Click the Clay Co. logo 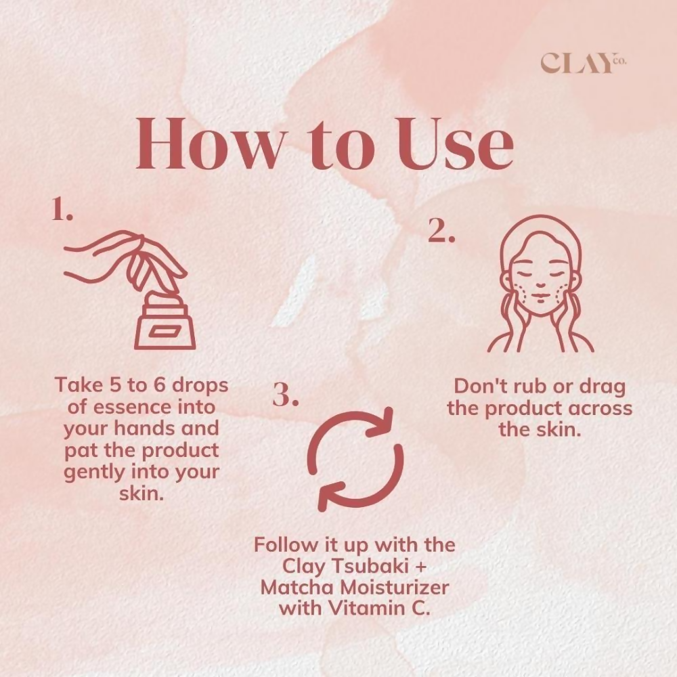click(x=583, y=63)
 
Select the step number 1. click(x=62, y=211)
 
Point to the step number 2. click(x=441, y=232)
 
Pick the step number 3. click(x=286, y=395)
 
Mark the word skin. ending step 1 click(x=141, y=494)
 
